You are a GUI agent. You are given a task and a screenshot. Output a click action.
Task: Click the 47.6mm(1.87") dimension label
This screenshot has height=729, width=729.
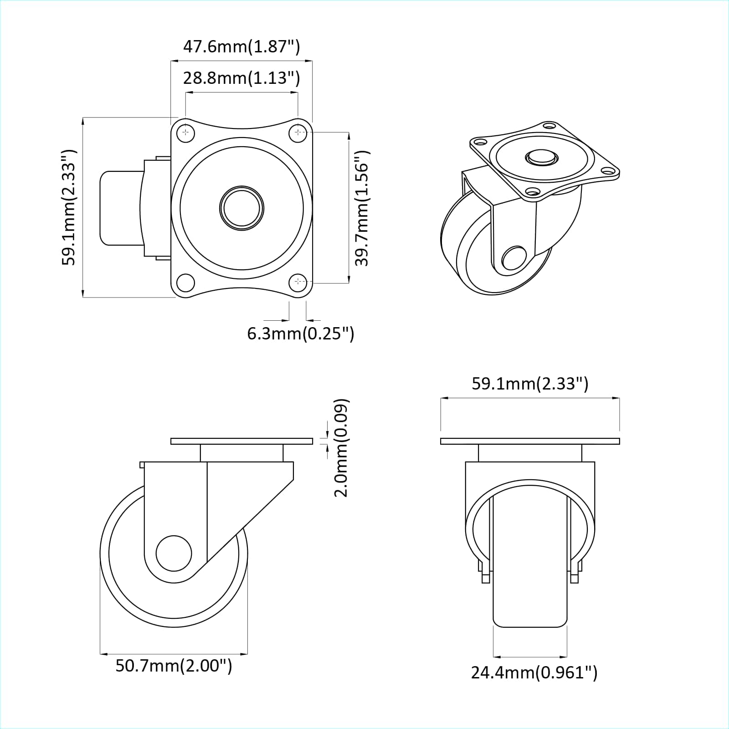point(241,46)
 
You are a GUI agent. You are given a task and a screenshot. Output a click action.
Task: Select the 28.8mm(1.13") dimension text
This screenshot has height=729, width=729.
point(241,78)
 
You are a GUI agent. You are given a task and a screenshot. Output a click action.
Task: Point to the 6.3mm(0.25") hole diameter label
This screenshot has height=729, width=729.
point(300,334)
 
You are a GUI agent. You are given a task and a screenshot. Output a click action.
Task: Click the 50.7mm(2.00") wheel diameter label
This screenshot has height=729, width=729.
point(174,666)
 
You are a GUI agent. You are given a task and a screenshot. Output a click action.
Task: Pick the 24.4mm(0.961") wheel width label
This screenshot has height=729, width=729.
point(534,672)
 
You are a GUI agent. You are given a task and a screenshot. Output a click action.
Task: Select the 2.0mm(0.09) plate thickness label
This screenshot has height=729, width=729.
point(342,447)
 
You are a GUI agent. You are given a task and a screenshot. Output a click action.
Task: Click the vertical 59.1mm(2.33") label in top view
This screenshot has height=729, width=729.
point(69,208)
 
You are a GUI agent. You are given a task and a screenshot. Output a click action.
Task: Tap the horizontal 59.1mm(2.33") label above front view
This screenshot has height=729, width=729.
point(530,384)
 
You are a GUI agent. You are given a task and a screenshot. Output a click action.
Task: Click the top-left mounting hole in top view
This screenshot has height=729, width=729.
point(185,133)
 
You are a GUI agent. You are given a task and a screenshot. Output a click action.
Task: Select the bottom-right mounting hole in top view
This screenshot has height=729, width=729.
point(298,282)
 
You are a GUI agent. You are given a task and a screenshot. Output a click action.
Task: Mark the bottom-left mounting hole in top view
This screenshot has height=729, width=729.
point(185,282)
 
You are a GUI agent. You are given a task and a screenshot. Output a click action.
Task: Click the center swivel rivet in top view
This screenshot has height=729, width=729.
point(242,208)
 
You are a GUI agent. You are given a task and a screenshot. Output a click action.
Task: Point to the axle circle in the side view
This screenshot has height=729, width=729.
point(174,553)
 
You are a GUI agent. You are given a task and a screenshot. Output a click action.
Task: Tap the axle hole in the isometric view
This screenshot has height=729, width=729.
point(513,258)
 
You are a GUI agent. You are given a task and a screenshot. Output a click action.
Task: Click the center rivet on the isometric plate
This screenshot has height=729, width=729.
point(541,158)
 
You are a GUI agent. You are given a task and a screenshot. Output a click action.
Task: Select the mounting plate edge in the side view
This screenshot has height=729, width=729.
point(241,441)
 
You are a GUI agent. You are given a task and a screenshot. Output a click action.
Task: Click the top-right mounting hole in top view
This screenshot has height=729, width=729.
point(298,133)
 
